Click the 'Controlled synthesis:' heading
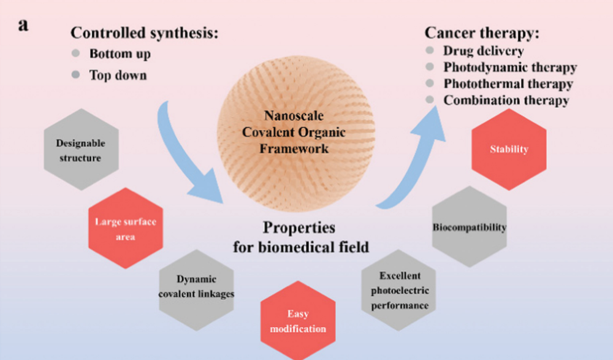(144, 33)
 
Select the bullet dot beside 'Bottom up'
(75, 53)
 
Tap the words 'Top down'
(118, 75)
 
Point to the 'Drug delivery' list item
(484, 51)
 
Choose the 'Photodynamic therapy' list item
(510, 67)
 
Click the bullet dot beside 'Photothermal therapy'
(430, 83)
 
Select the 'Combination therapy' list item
(506, 100)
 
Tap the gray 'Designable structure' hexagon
(81, 150)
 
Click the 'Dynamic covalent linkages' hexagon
(196, 286)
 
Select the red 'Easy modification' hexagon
(298, 321)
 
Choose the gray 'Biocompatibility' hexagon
(470, 228)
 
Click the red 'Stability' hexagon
(509, 149)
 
